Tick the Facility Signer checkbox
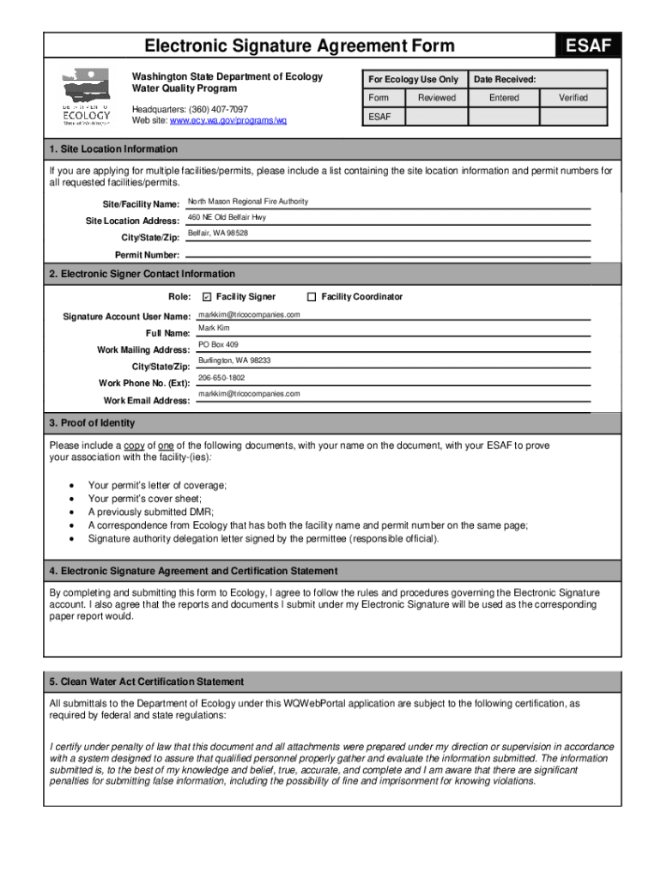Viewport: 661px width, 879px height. [206, 297]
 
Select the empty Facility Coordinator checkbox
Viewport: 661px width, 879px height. [312, 297]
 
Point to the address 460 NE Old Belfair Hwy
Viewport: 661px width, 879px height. [227, 218]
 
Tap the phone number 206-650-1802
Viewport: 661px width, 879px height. [221, 378]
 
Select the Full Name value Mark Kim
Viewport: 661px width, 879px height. [214, 329]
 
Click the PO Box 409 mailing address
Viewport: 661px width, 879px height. [218, 345]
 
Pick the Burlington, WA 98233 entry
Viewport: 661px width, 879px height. [234, 361]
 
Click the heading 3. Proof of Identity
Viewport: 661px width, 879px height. [92, 423]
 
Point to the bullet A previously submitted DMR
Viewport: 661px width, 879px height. [150, 512]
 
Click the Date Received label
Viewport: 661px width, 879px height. [505, 79]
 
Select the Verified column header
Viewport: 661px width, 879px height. [573, 98]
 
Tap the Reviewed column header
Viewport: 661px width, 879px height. [437, 98]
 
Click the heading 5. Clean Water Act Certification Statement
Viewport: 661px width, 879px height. [146, 682]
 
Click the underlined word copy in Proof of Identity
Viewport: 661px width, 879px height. [134, 446]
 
